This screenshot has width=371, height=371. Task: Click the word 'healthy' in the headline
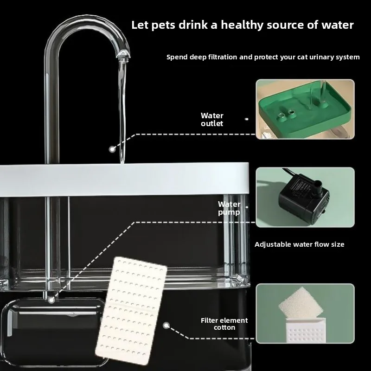[x=242, y=25]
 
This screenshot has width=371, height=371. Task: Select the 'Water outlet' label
[x=212, y=120]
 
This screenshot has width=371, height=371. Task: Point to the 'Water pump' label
[x=229, y=208]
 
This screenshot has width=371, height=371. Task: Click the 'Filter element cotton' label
[x=224, y=324]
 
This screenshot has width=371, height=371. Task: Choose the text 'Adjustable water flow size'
[x=299, y=244]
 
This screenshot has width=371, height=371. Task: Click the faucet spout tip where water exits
[x=123, y=55]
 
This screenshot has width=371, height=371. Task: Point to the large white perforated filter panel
[x=131, y=310]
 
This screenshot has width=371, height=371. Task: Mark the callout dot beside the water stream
[x=112, y=149]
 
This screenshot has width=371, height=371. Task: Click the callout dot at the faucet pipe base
[x=51, y=300]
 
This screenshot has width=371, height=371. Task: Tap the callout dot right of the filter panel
[x=166, y=326]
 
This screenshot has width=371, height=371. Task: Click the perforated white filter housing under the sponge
[x=306, y=330]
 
